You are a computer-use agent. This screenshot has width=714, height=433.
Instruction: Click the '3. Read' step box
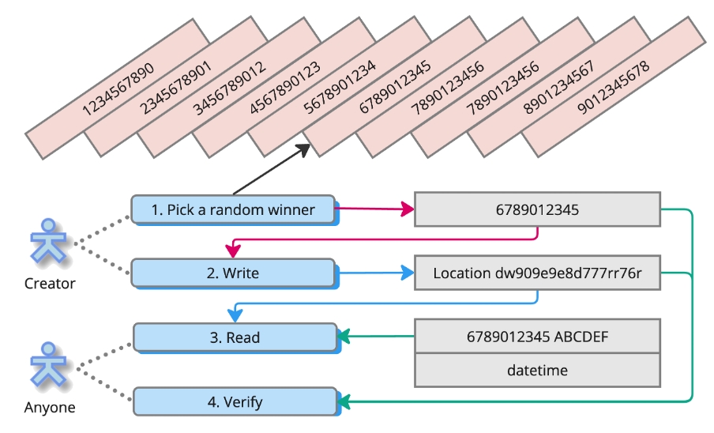point(235,337)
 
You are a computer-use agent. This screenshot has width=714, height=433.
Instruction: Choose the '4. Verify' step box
point(235,402)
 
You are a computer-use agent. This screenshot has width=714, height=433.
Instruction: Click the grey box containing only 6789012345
point(537,209)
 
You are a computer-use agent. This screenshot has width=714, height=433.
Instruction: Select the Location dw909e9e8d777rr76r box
point(537,273)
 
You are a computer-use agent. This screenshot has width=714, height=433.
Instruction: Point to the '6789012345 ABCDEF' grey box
point(537,337)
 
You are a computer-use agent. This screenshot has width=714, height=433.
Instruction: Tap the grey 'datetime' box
point(537,370)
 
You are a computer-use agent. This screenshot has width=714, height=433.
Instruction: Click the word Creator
point(51,283)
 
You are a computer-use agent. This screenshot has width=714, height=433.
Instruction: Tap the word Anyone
point(50,408)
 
